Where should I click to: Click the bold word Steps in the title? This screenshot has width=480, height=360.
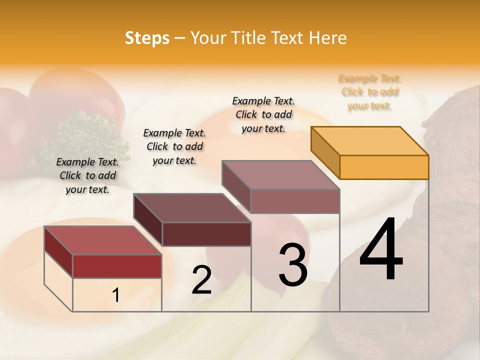tap(147, 38)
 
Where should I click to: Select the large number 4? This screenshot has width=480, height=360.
tap(381, 249)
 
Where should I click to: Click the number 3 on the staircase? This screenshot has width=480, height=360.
tap(292, 265)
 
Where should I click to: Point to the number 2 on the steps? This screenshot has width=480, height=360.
tap(201, 280)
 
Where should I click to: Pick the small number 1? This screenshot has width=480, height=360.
tap(115, 295)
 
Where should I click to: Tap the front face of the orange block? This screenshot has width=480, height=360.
tap(384, 167)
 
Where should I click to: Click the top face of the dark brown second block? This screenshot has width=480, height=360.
tap(192, 208)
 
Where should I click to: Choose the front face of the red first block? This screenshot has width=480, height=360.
tap(117, 266)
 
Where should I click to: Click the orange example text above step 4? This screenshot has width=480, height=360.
tap(369, 92)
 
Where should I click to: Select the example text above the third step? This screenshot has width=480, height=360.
tap(263, 114)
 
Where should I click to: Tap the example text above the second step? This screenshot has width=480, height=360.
tap(174, 146)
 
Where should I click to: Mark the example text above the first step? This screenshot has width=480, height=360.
tap(87, 175)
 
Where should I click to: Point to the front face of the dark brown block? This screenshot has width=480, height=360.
tap(206, 234)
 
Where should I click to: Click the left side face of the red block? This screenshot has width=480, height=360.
tap(58, 252)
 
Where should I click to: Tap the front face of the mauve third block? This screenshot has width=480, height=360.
tap(295, 201)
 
